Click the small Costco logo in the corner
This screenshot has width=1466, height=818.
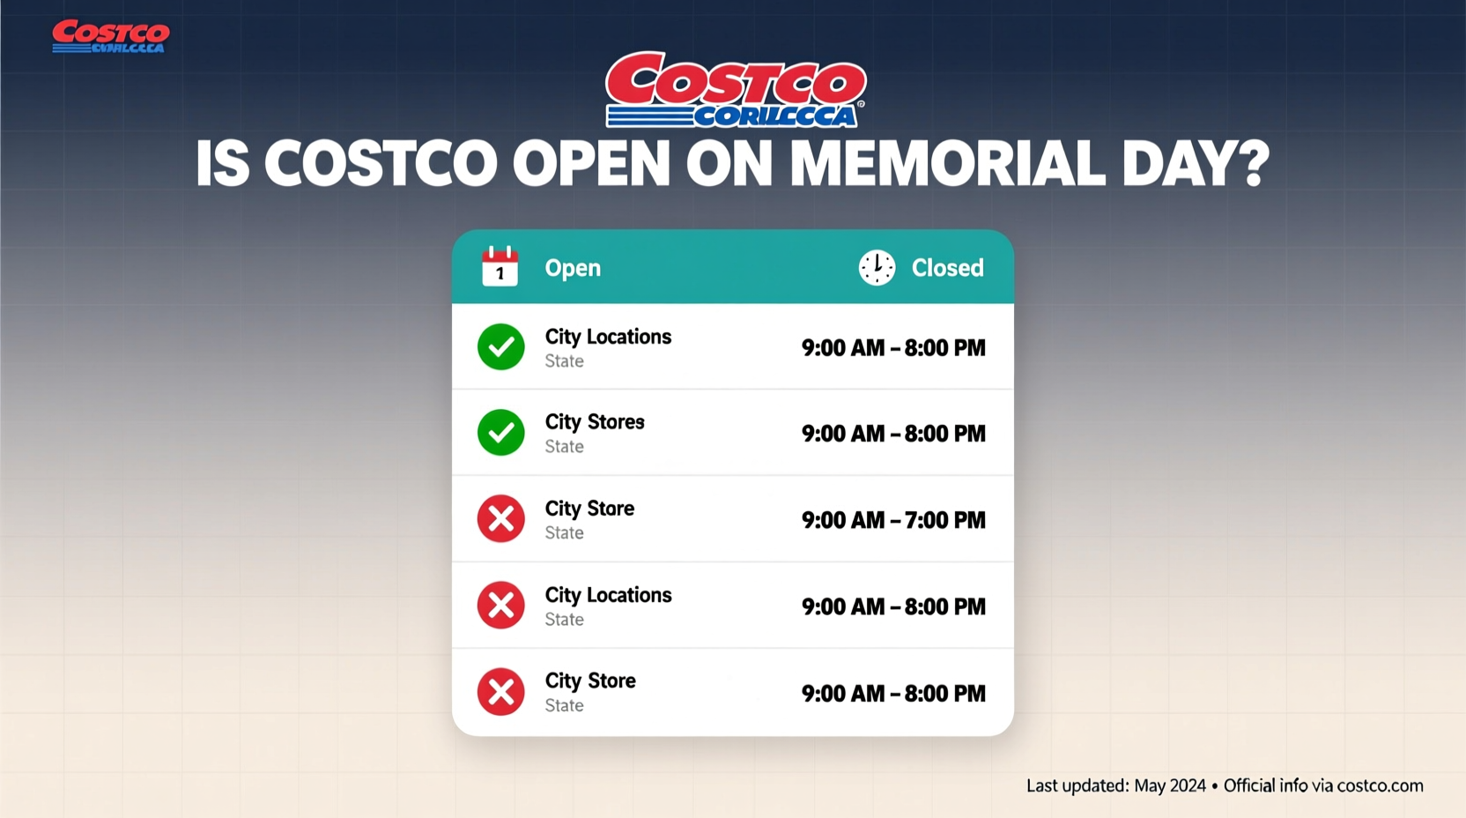[110, 37]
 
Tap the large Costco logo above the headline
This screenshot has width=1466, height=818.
[736, 90]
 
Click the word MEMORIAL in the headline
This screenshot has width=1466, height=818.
[947, 163]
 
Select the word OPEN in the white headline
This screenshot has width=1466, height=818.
[591, 163]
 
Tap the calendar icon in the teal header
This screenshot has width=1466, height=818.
[500, 267]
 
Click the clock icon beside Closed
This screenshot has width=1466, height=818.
[877, 267]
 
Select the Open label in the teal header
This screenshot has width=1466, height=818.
[573, 268]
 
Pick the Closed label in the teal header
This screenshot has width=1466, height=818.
[947, 268]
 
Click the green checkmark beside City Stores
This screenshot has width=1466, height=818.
[500, 433]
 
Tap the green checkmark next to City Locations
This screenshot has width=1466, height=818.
[500, 346]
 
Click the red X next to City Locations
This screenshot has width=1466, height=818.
[500, 606]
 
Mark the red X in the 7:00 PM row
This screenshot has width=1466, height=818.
[500, 519]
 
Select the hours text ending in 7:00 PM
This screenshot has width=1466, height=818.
[893, 520]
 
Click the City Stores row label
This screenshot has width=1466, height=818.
[595, 422]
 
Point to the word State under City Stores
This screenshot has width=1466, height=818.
[564, 447]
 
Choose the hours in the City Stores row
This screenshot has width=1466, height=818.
[893, 434]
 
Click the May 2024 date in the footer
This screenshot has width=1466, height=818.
[1169, 785]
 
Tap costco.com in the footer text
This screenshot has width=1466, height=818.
[1380, 785]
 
